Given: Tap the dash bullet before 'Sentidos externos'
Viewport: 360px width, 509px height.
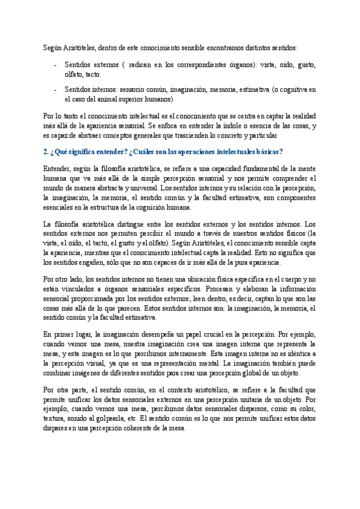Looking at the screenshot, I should [x=55, y=65].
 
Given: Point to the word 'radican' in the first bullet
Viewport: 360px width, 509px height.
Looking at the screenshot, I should [x=141, y=65].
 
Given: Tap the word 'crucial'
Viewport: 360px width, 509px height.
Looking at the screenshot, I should [x=208, y=333].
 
